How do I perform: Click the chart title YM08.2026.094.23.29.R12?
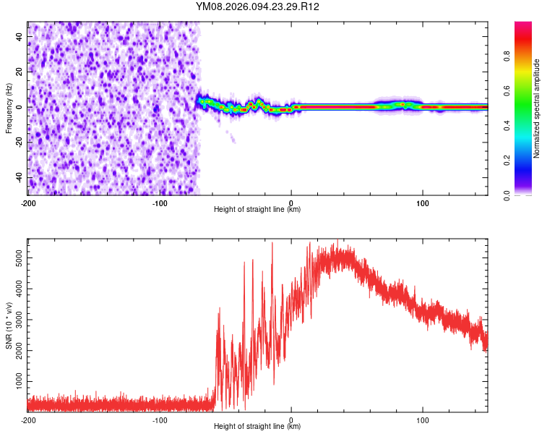258,7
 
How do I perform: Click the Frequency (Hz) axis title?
9,108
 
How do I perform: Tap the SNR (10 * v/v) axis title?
9,324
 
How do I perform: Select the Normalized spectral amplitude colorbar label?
536,108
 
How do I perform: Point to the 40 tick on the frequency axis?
19,36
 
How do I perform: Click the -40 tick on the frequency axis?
19,177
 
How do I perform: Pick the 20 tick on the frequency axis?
19,72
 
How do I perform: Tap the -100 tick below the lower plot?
160,420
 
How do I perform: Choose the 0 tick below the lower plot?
291,420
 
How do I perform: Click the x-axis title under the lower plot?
257,427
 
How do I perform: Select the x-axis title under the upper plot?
257,210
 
